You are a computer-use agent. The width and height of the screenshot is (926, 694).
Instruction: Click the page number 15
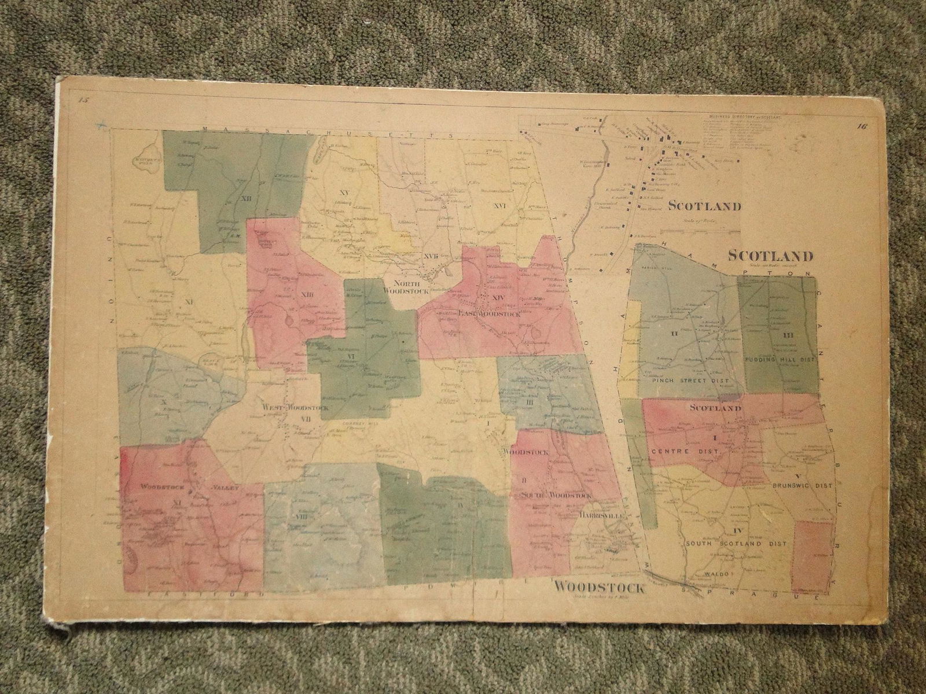pos(84,102)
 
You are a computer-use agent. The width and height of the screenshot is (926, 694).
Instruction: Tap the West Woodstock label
pos(295,408)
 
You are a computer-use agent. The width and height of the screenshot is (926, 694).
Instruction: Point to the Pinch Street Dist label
pos(689,381)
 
